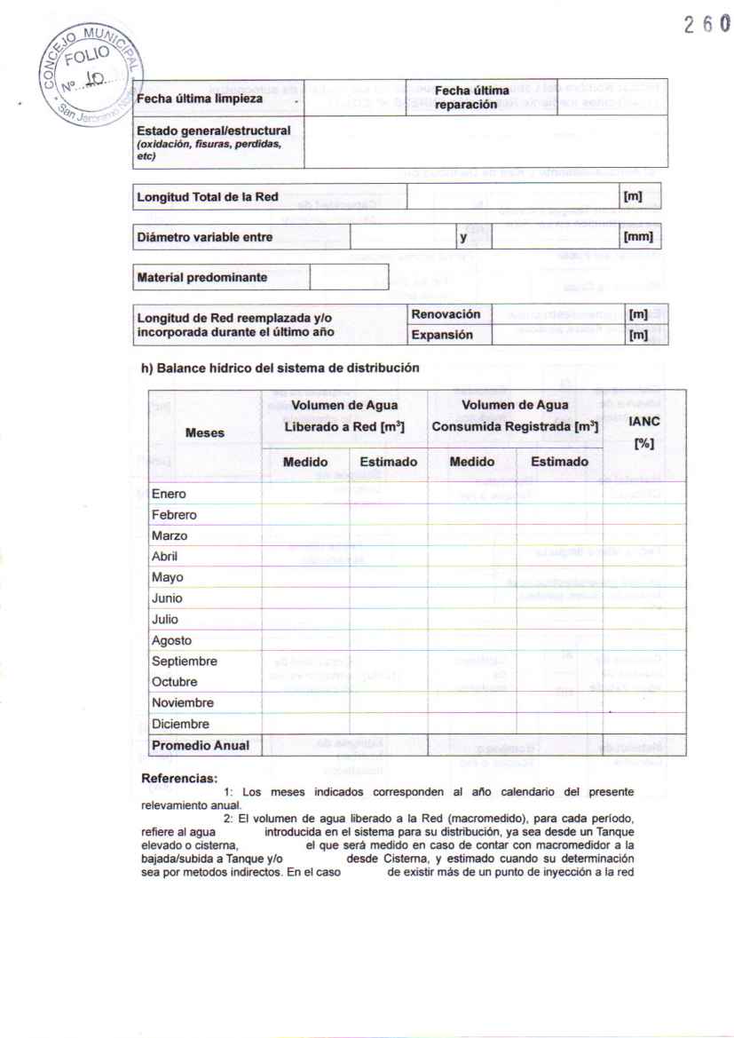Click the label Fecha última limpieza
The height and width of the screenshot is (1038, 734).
pyautogui.click(x=199, y=98)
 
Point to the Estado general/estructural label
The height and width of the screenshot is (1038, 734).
pyautogui.click(x=213, y=142)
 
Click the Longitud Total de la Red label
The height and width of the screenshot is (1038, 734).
pyautogui.click(x=208, y=197)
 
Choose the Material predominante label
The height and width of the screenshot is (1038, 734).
pyautogui.click(x=201, y=277)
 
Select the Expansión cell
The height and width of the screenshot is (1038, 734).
pyautogui.click(x=441, y=335)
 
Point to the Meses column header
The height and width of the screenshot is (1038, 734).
pyautogui.click(x=205, y=433)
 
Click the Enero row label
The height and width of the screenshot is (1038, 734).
pyautogui.click(x=169, y=494)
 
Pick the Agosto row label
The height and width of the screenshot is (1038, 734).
pyautogui.click(x=171, y=640)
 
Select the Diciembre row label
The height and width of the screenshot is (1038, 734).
pyautogui.click(x=180, y=724)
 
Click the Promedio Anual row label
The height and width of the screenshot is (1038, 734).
pyautogui.click(x=200, y=745)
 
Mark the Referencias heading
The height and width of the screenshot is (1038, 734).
pyautogui.click(x=179, y=779)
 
